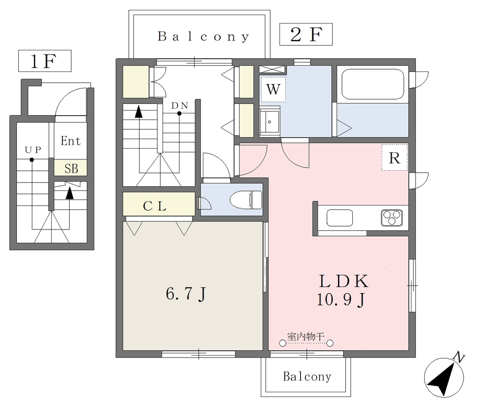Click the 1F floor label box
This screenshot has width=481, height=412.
(45, 61)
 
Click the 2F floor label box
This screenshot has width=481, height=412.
(306, 34)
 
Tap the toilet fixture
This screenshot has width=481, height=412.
(246, 199)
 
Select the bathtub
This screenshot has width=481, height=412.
(372, 84)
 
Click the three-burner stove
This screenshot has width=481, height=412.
(392, 218)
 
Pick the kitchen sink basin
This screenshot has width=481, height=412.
(340, 218)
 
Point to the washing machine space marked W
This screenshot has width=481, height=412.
(273, 89)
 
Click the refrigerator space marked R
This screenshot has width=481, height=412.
(395, 158)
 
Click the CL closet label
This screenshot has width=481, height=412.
(155, 206)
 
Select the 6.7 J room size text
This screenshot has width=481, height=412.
(186, 294)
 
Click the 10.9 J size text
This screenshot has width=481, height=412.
(341, 299)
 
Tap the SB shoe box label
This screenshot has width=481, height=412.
(71, 168)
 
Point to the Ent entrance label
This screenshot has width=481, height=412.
(70, 141)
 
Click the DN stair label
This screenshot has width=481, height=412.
(179, 105)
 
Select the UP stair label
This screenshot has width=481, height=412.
(33, 150)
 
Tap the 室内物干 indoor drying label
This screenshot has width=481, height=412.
(306, 336)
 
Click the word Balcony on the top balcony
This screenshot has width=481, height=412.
(203, 37)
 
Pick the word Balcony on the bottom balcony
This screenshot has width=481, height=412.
(307, 376)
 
